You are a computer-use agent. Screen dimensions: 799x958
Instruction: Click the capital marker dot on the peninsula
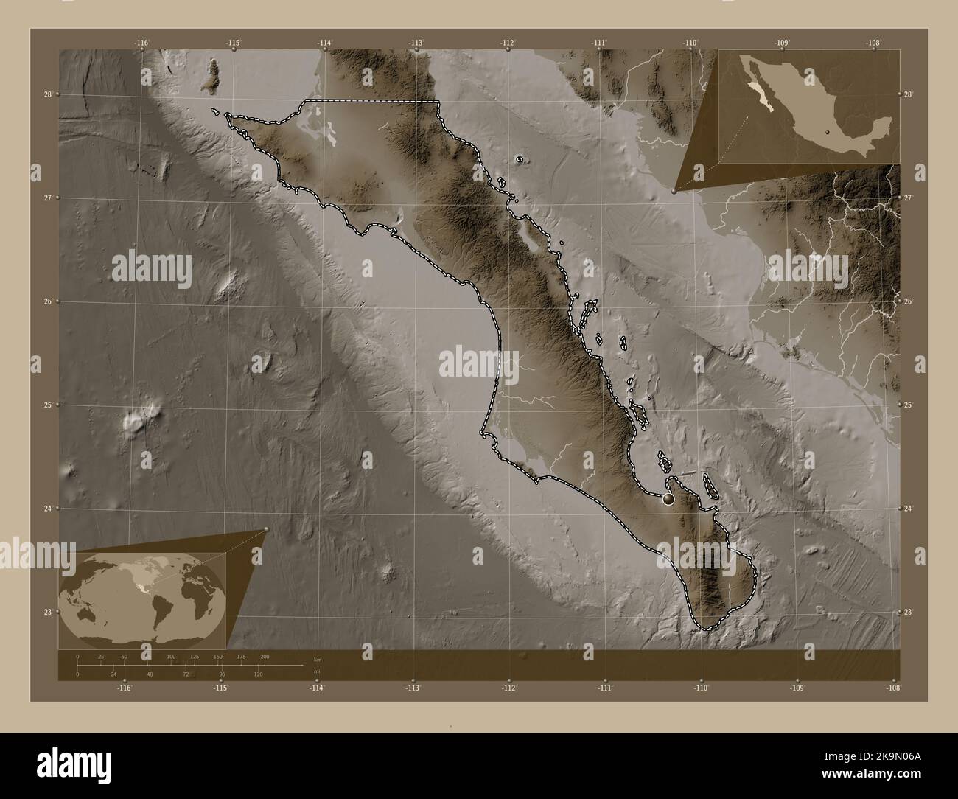tap(668, 499)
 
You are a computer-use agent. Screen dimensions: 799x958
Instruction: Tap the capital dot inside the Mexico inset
tap(828, 133)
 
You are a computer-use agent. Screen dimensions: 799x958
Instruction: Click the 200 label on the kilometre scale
tap(265, 656)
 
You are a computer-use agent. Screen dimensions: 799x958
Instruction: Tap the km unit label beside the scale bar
tap(318, 660)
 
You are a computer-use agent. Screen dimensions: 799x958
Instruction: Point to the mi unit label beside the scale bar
tap(317, 671)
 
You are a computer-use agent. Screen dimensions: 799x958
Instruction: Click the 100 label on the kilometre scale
tap(171, 656)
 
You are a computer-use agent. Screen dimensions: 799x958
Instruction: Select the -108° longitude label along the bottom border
tap(894, 688)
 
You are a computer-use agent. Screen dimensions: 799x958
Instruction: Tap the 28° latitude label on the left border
tap(48, 94)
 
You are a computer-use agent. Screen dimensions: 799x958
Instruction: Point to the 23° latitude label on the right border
tap(909, 612)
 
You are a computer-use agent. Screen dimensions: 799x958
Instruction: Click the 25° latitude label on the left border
tap(48, 405)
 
